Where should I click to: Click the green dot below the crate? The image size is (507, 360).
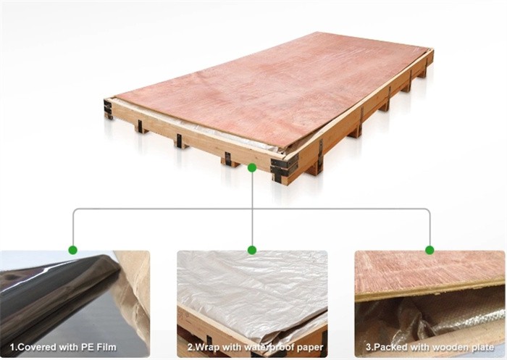tap(251, 167)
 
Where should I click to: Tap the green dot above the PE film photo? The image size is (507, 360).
tap(73, 250)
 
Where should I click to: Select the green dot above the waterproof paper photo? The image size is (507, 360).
tap(252, 250)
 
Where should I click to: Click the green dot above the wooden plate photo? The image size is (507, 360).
tap(430, 250)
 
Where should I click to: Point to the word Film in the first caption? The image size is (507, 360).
tap(106, 348)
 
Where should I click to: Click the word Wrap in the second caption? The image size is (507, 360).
tap(207, 348)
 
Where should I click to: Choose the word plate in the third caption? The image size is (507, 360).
tap(482, 348)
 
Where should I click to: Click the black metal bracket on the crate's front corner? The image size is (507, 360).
tap(284, 167)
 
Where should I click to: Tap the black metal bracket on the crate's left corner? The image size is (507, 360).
tap(108, 109)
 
